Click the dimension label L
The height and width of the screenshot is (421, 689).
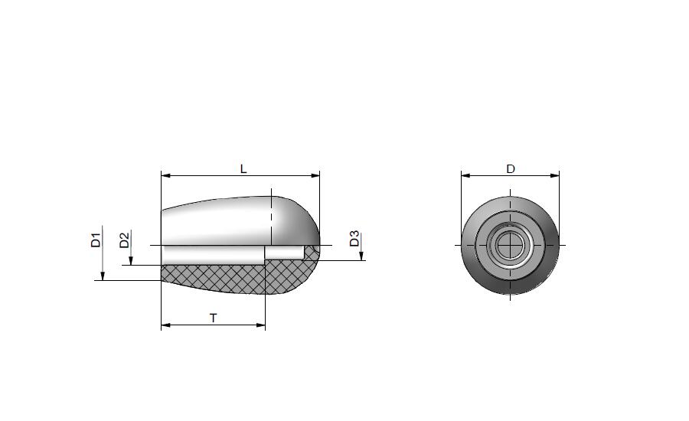pyautogui.click(x=243, y=168)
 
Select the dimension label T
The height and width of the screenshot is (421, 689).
pyautogui.click(x=213, y=318)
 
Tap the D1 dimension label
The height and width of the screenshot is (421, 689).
pyautogui.click(x=96, y=240)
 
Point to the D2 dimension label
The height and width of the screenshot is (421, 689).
pyautogui.click(x=125, y=240)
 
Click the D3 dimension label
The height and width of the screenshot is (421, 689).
pyautogui.click(x=354, y=239)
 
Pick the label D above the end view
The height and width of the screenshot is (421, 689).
pyautogui.click(x=510, y=169)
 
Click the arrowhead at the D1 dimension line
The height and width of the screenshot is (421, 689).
pyautogui.click(x=103, y=276)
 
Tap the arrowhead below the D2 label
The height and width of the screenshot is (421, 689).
pyautogui.click(x=131, y=260)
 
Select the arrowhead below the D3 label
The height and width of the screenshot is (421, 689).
pyautogui.click(x=361, y=256)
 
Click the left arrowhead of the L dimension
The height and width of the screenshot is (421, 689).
pyautogui.click(x=165, y=176)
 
